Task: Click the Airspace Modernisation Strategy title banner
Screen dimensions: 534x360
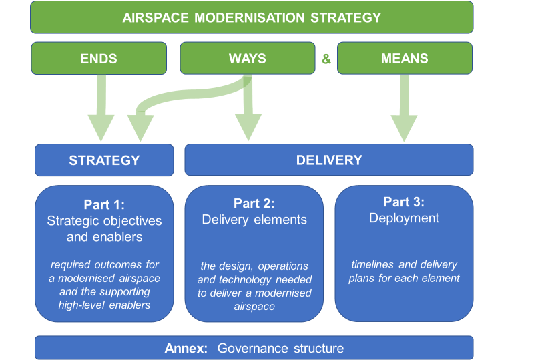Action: pos(252,17)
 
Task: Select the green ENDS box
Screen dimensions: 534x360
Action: pos(99,58)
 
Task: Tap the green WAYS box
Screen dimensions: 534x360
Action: pos(248,58)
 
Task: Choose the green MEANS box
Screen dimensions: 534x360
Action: pos(405,58)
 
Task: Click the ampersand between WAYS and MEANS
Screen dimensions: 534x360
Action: pos(326,59)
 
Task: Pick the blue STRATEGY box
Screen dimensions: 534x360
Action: pos(104,160)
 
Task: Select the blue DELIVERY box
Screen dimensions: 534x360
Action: pos(329,160)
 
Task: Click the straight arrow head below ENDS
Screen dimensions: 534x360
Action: pos(101,128)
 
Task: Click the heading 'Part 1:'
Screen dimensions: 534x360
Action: pos(104,204)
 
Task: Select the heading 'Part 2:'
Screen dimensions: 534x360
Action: pos(254,203)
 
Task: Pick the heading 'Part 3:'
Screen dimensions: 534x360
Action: pos(404,202)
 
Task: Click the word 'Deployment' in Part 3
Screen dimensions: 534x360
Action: pos(404,218)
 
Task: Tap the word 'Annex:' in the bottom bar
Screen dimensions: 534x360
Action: pos(186,348)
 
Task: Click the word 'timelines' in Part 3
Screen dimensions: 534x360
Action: pos(372,264)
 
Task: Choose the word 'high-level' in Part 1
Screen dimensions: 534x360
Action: pos(81,305)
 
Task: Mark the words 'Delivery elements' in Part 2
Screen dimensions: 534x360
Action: pos(254,220)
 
